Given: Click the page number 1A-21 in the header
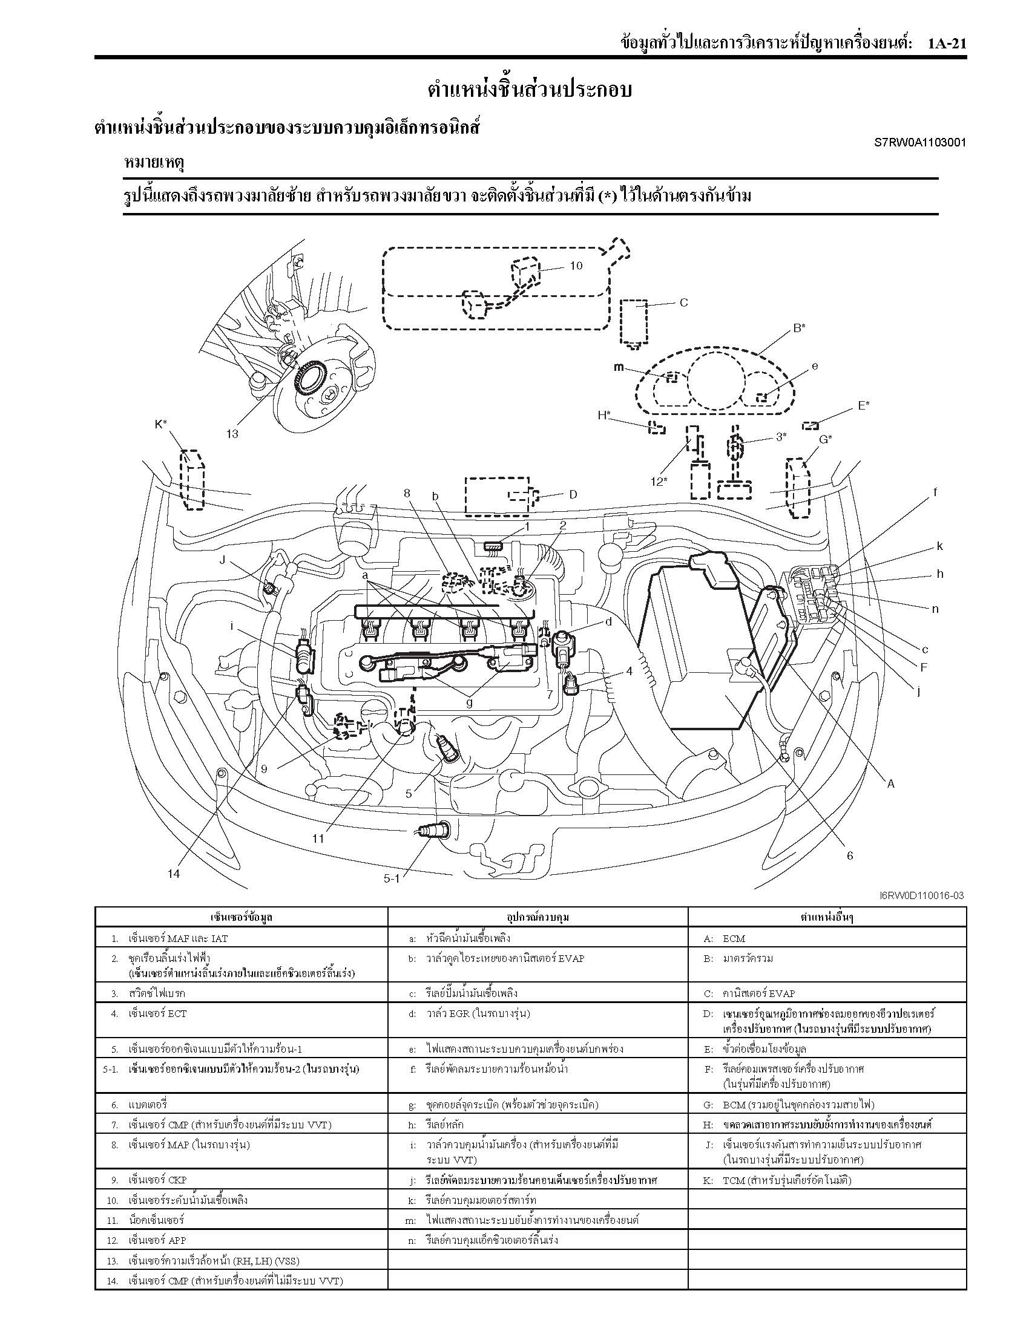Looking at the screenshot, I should [947, 44].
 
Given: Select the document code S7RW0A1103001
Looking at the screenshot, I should [920, 143].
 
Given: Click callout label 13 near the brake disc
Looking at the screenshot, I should [232, 434].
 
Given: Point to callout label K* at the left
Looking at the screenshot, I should [161, 424].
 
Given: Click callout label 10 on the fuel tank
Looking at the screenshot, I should [576, 265].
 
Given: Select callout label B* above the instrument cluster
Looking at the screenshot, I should [799, 328].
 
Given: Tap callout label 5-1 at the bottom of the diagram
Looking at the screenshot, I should [391, 878].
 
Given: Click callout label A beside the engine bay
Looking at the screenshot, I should [890, 783].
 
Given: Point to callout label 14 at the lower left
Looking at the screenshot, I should [174, 874].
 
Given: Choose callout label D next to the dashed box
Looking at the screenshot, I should [573, 494].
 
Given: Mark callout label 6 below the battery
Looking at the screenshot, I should [850, 855].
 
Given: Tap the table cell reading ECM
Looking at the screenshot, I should [734, 938].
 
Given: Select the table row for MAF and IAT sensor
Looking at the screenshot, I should [177, 938].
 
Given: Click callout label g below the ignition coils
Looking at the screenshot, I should [468, 702].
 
